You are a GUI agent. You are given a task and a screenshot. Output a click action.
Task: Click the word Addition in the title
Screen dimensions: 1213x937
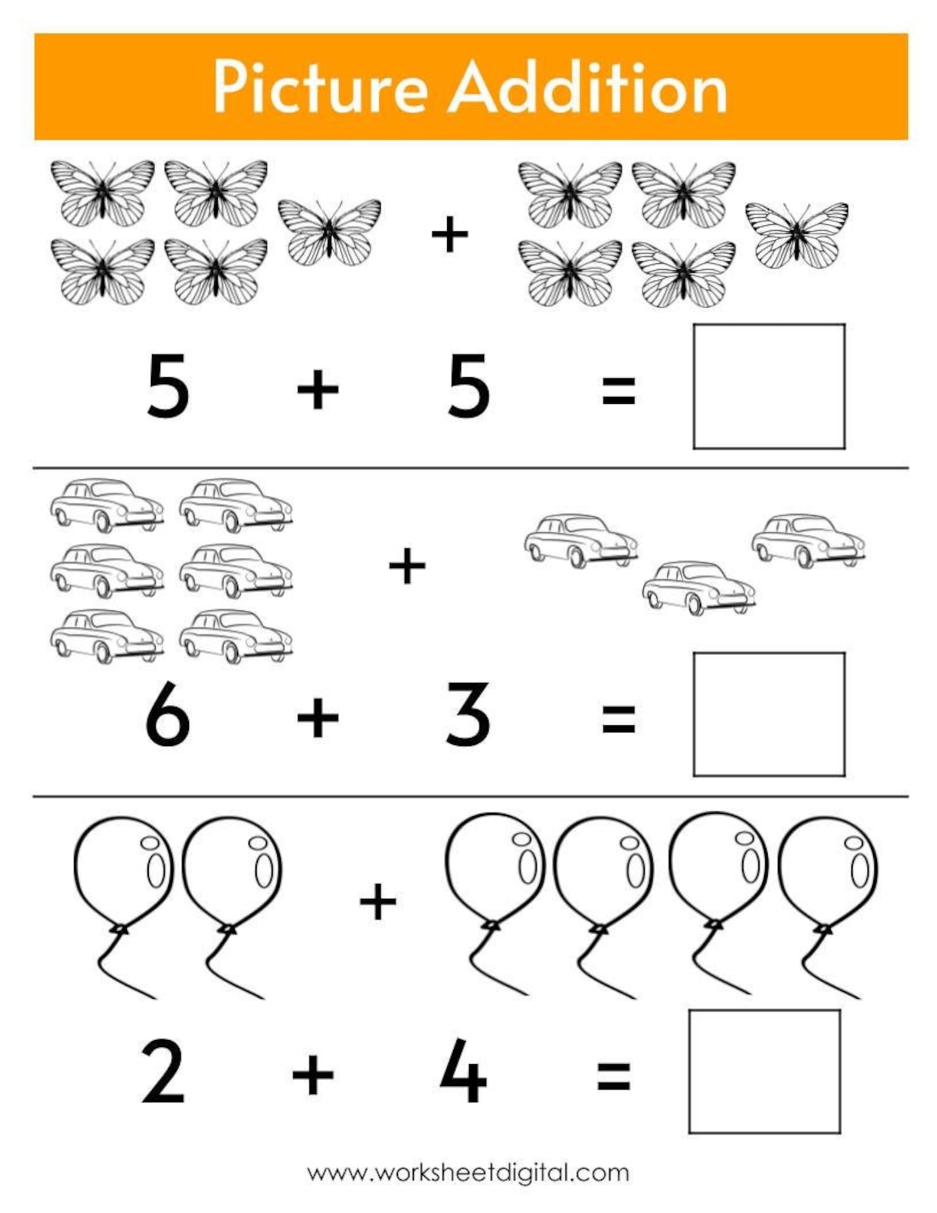588,87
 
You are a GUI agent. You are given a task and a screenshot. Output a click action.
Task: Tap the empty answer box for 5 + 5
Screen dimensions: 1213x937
769,387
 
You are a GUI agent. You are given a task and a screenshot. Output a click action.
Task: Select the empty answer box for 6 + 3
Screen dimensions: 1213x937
769,714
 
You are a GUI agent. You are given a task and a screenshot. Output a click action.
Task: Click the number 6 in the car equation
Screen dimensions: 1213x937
168,714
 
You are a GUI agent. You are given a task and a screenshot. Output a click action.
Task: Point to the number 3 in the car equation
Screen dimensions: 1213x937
468,714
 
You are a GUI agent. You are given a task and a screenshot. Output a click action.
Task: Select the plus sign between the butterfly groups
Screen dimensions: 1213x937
450,234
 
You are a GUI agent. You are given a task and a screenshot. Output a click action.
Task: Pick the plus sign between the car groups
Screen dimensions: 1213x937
407,565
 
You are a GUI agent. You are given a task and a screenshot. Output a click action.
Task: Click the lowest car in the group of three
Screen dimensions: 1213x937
699,588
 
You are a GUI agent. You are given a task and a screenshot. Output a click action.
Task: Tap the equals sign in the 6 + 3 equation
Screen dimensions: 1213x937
618,719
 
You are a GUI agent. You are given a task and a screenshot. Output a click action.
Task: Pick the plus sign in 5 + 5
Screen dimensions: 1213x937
317,390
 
